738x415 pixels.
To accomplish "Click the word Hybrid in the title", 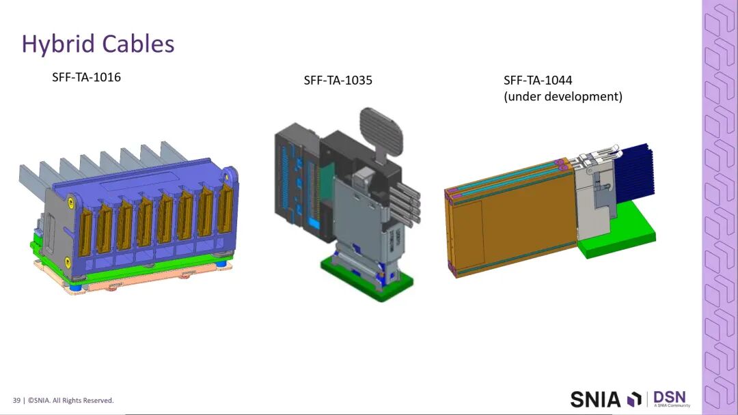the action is point(58,44).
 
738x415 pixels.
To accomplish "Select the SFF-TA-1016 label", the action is point(86,77).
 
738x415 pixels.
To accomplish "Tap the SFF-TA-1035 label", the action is point(338,81).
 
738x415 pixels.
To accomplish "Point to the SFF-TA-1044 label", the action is point(538,81).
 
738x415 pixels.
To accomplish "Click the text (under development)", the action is point(563,96).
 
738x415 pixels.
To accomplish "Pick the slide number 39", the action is point(16,401).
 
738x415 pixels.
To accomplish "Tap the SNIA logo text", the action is point(596,399).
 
